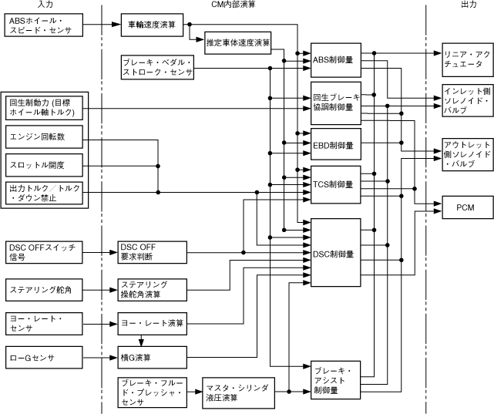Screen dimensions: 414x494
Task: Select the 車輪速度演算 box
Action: [151, 25]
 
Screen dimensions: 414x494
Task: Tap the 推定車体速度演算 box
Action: [237, 42]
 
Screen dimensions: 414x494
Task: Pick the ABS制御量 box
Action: [335, 60]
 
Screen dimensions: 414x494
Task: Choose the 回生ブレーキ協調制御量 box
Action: [335, 103]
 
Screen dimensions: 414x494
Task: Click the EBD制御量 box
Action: [335, 144]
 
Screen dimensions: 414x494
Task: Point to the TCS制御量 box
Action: [335, 184]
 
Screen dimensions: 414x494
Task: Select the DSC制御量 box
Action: [335, 254]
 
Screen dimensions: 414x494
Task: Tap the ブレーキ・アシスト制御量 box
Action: [335, 379]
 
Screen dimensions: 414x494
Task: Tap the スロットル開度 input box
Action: [45, 165]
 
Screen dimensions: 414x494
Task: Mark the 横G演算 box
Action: [152, 357]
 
